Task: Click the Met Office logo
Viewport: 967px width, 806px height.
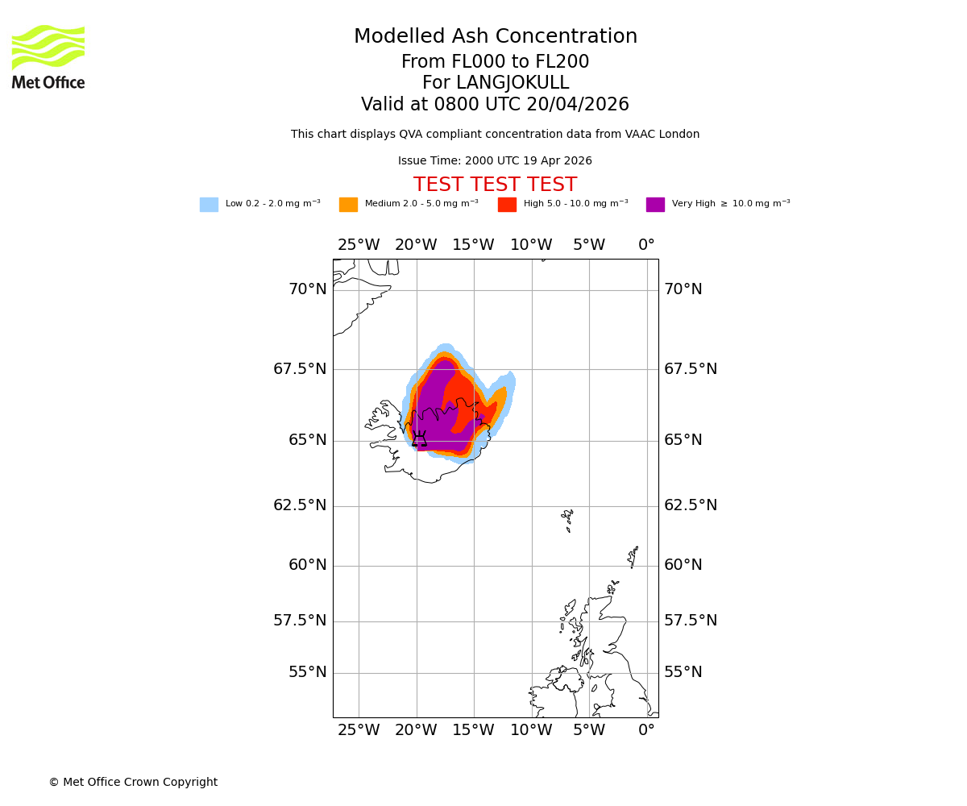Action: tap(48, 56)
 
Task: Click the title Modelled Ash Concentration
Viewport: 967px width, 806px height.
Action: tap(496, 37)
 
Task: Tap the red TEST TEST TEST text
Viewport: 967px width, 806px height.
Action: tap(495, 185)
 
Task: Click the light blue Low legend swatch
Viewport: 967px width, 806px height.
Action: tap(209, 205)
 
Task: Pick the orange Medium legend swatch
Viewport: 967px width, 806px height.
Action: tap(348, 205)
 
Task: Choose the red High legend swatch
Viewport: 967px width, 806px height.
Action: tap(507, 205)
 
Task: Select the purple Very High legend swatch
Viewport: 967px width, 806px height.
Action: tap(655, 205)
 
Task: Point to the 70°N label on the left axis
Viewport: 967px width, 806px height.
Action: tap(308, 289)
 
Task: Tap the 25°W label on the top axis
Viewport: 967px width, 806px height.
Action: tap(359, 245)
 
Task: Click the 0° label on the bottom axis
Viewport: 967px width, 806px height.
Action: tap(646, 730)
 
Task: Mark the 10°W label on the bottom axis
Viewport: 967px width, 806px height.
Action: tap(531, 730)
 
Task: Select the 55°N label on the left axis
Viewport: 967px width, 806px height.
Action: tap(308, 672)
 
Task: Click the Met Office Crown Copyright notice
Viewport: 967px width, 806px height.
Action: tap(133, 783)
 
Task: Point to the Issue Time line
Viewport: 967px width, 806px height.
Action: tap(495, 161)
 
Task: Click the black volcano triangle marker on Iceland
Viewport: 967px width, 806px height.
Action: tap(419, 440)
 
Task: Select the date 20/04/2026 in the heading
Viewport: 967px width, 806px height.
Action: tap(578, 105)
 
